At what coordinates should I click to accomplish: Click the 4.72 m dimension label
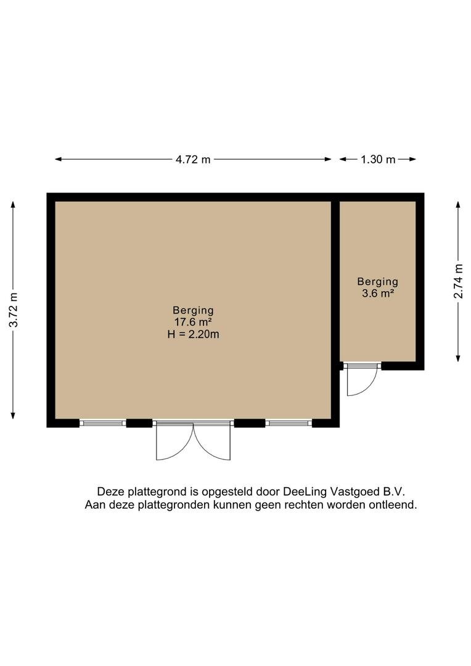[193, 160]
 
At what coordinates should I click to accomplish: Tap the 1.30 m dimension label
[378, 160]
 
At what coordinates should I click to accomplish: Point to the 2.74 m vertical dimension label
[458, 281]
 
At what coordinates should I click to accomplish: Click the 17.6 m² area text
[193, 322]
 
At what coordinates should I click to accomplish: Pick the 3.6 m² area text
[378, 294]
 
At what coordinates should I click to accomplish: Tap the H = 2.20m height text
[193, 334]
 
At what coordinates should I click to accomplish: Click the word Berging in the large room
[193, 310]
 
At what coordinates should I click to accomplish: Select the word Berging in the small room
[378, 282]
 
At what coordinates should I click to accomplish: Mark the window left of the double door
[103, 423]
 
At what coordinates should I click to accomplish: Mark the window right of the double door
[289, 423]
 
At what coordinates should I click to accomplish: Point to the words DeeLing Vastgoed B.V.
[348, 491]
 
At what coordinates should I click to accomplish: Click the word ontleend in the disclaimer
[395, 504]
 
